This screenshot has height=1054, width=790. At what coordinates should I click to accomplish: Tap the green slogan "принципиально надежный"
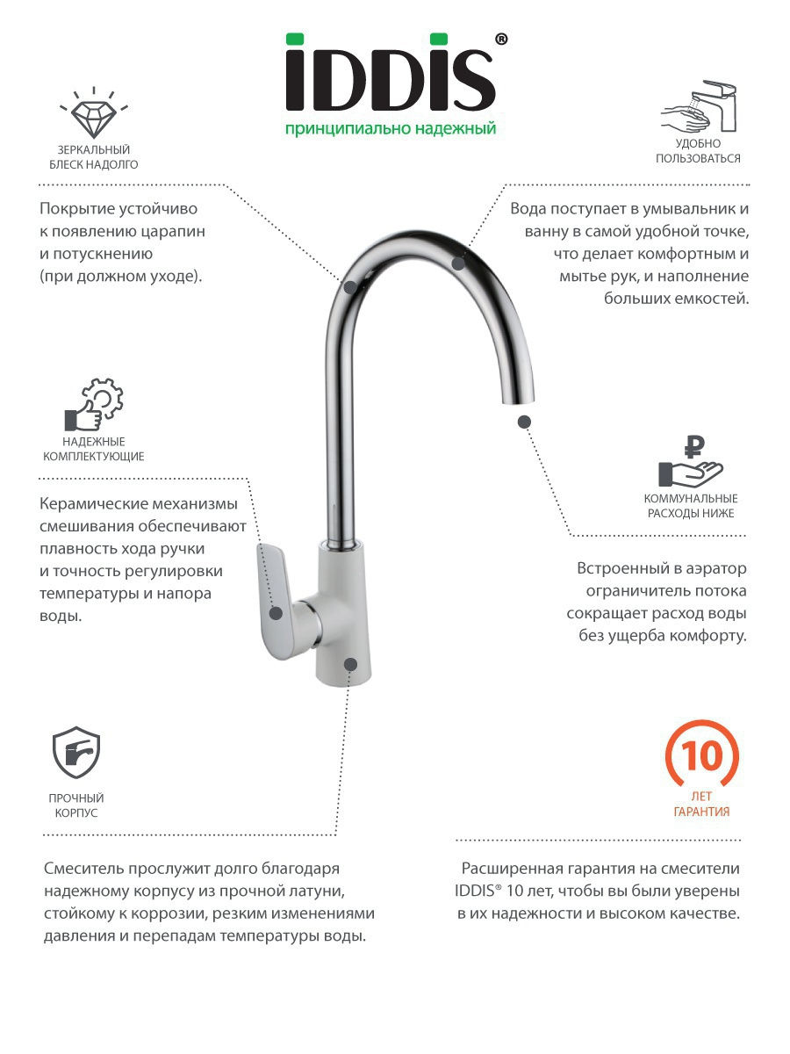pyautogui.click(x=390, y=129)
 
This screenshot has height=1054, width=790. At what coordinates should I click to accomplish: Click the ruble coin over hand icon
pyautogui.click(x=692, y=463)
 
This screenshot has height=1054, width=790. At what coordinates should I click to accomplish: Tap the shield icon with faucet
pyautogui.click(x=77, y=754)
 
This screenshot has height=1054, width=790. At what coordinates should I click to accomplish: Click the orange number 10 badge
pyautogui.click(x=701, y=756)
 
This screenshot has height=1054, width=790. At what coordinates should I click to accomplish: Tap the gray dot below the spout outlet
pyautogui.click(x=524, y=422)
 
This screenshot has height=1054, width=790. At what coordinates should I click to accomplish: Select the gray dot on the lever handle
pyautogui.click(x=275, y=613)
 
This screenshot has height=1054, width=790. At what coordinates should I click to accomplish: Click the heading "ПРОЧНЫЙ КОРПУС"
pyautogui.click(x=76, y=805)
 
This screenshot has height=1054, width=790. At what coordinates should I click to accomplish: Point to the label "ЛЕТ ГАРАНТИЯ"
pyautogui.click(x=701, y=804)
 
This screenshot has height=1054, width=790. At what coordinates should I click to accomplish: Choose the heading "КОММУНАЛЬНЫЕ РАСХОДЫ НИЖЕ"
pyautogui.click(x=691, y=506)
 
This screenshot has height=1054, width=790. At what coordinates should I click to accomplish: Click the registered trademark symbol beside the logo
pyautogui.click(x=501, y=39)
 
